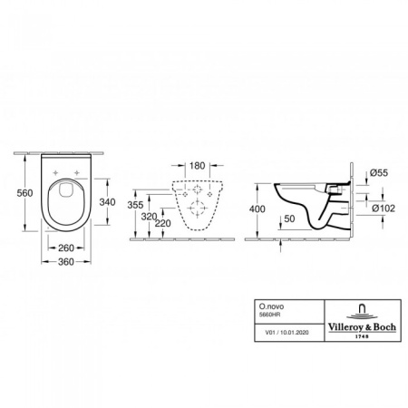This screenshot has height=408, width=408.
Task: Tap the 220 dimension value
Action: [165, 224]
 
